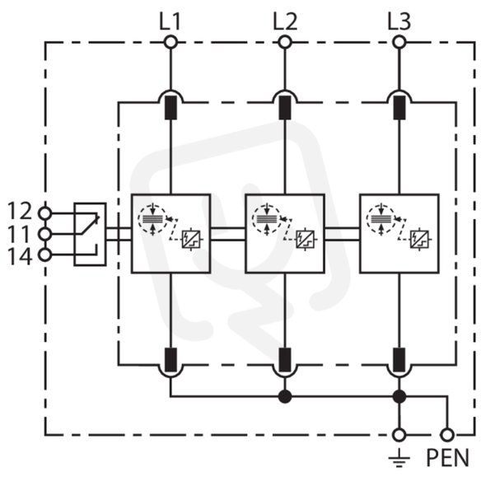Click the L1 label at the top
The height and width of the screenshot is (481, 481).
pyautogui.click(x=170, y=21)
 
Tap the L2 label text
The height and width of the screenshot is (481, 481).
pyautogui.click(x=285, y=21)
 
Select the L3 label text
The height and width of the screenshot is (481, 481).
pyautogui.click(x=399, y=21)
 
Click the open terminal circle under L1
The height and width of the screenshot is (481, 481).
pyautogui.click(x=170, y=42)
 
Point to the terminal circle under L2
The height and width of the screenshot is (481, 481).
pyautogui.click(x=285, y=42)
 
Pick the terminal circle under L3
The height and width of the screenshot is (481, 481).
pyautogui.click(x=399, y=42)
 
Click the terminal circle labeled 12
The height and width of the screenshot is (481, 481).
pyautogui.click(x=44, y=212)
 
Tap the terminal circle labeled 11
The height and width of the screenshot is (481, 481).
pyautogui.click(x=44, y=234)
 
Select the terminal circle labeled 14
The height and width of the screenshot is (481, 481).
pyautogui.click(x=44, y=255)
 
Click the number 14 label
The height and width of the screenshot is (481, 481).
pyautogui.click(x=20, y=256)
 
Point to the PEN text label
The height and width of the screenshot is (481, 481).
pyautogui.click(x=448, y=458)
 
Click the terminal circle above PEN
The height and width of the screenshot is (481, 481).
pyautogui.click(x=447, y=435)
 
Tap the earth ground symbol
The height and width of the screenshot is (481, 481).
pyautogui.click(x=399, y=458)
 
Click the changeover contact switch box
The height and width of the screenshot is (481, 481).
pyautogui.click(x=91, y=234)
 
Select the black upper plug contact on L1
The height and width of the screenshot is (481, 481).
pyautogui.click(x=170, y=107)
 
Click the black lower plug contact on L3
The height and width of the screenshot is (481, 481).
pyautogui.click(x=399, y=360)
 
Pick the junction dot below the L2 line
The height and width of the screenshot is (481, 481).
pyautogui.click(x=285, y=397)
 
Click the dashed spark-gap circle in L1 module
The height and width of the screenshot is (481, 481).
pyautogui.click(x=152, y=219)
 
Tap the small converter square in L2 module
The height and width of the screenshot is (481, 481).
pyautogui.click(x=305, y=240)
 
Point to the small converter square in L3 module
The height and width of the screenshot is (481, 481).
pyautogui.click(x=419, y=240)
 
